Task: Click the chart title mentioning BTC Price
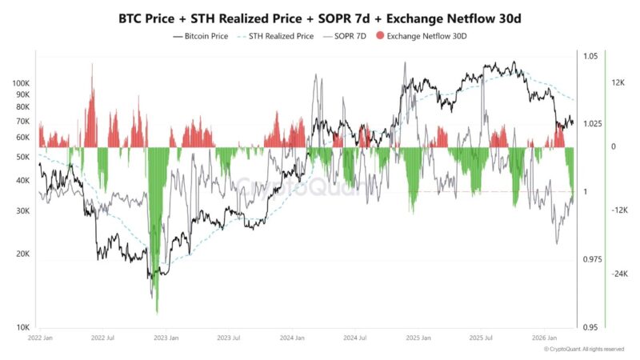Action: click(x=320, y=17)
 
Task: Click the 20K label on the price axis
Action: click(x=22, y=254)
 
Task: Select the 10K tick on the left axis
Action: click(x=22, y=327)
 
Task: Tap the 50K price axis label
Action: click(x=22, y=157)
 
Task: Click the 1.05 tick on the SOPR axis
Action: click(x=590, y=56)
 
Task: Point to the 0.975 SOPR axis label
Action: click(x=592, y=260)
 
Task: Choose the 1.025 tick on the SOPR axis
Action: click(x=592, y=124)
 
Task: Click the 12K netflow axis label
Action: click(x=618, y=83)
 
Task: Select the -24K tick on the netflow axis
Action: click(x=619, y=274)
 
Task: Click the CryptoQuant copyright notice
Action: click(x=583, y=350)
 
